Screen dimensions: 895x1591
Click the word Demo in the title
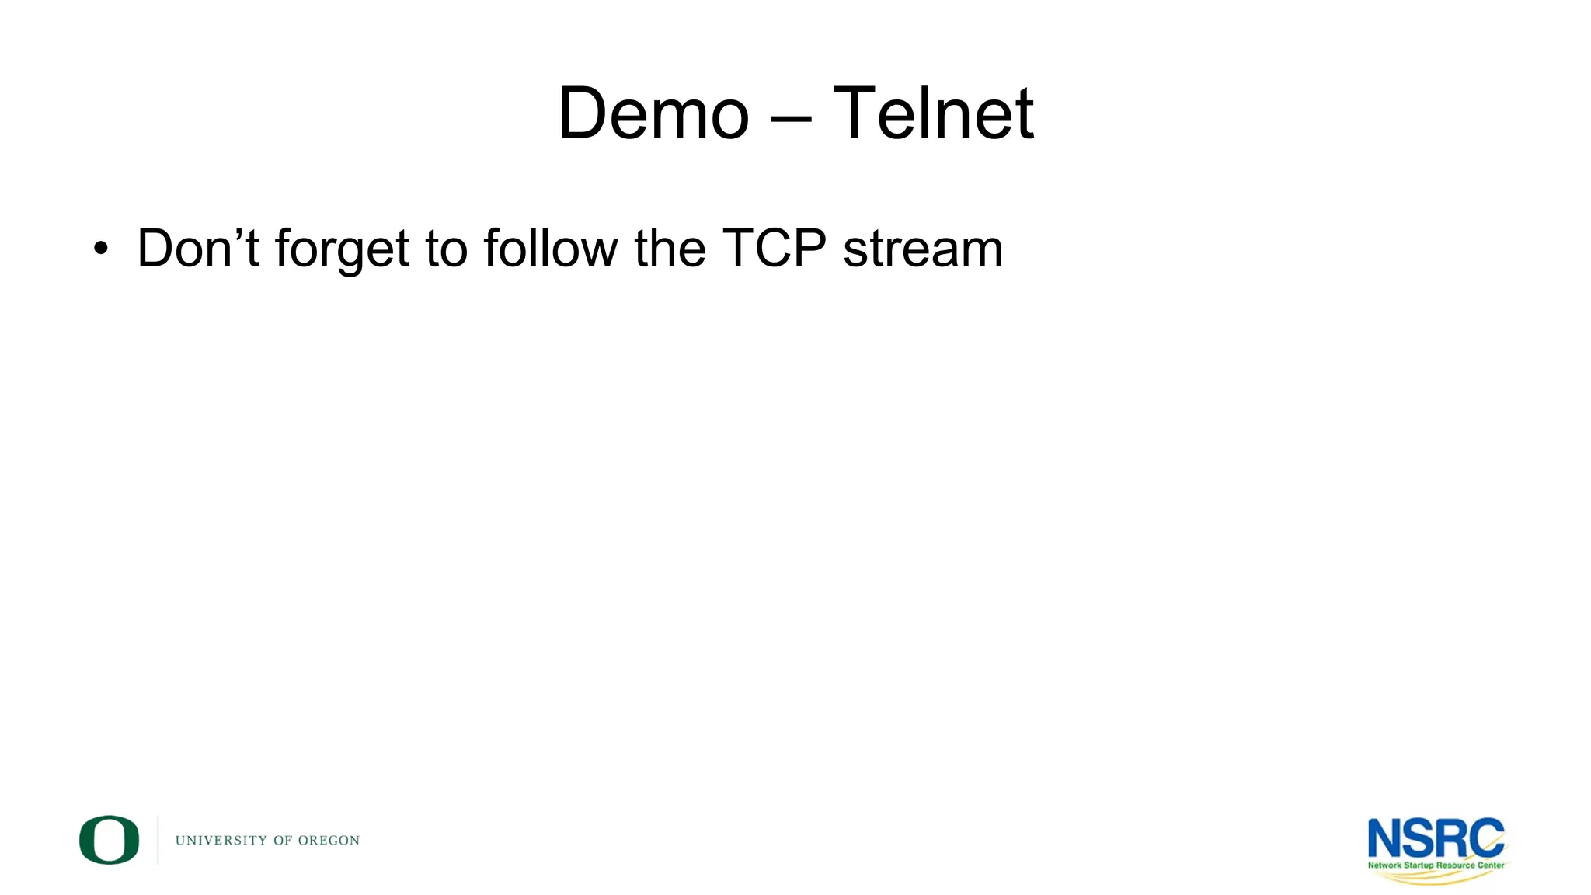pyautogui.click(x=653, y=114)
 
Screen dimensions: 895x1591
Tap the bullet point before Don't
pyautogui.click(x=99, y=250)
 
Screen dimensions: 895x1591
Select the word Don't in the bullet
pyautogui.click(x=197, y=249)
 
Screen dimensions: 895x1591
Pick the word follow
pyautogui.click(x=550, y=249)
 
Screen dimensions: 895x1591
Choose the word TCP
pyautogui.click(x=774, y=249)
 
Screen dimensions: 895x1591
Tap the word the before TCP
pyautogui.click(x=670, y=249)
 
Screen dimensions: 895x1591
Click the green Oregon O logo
pyautogui.click(x=109, y=840)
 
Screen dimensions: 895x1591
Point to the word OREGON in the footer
pyautogui.click(x=329, y=841)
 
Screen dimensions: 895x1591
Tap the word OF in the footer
pyautogui.click(x=283, y=841)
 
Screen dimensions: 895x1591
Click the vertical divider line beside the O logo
pyautogui.click(x=158, y=840)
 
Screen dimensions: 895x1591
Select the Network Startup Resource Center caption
pyautogui.click(x=1436, y=865)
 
